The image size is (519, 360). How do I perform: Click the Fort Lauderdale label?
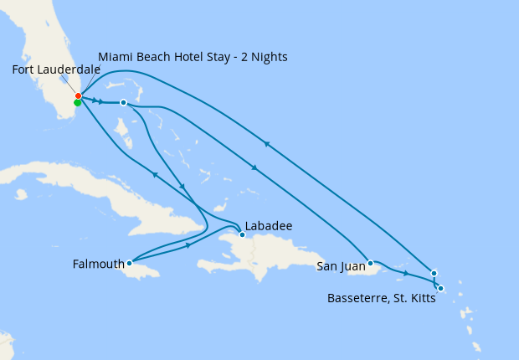[x=56, y=69]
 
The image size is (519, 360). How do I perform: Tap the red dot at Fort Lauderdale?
[x=78, y=95]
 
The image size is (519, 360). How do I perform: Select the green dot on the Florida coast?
[x=77, y=103]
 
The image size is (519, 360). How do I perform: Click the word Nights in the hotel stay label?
[x=268, y=57]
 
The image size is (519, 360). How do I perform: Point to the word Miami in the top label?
[x=116, y=57]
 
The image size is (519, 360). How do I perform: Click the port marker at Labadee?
[x=242, y=235]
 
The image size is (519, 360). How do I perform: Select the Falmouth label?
[x=97, y=264]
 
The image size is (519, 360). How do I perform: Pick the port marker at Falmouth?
[x=129, y=263]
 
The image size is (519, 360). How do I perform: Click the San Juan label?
[x=341, y=267]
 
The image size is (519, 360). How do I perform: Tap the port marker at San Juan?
[x=370, y=263]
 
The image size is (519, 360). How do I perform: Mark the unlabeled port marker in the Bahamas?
[x=123, y=102]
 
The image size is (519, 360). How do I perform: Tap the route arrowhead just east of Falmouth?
[x=188, y=245]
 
